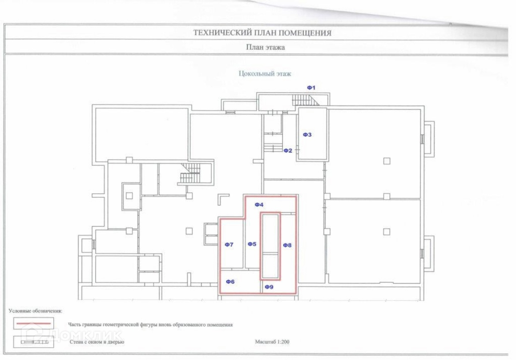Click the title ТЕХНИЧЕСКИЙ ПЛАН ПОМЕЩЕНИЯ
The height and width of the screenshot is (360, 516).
click(x=262, y=33)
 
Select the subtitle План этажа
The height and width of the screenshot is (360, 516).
click(x=265, y=48)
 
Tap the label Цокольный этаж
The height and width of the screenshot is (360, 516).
click(x=265, y=74)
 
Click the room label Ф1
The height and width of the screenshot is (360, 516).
click(x=311, y=88)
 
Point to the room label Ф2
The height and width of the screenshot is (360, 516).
click(x=288, y=150)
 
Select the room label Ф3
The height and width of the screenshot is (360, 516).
click(x=307, y=135)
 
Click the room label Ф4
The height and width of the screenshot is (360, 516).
click(x=259, y=205)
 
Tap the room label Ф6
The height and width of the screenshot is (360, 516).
click(x=230, y=282)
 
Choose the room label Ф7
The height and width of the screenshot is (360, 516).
click(x=229, y=244)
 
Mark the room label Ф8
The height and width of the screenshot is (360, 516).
click(x=287, y=245)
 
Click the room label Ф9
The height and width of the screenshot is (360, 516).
click(x=269, y=287)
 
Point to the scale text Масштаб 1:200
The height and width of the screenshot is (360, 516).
click(x=272, y=341)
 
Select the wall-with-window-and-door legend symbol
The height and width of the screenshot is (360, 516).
click(x=33, y=342)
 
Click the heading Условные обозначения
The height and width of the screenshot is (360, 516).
click(x=35, y=311)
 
